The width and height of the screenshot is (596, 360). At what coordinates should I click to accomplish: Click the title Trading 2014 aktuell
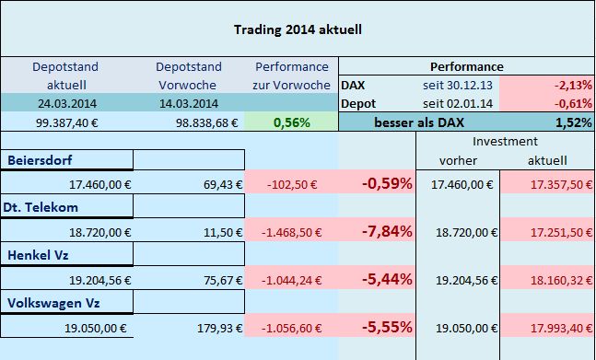click(297, 29)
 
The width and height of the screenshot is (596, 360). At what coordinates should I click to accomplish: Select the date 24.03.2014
click(65, 102)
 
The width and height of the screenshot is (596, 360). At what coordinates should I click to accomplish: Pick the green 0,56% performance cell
click(290, 122)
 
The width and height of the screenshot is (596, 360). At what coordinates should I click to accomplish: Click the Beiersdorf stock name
click(41, 160)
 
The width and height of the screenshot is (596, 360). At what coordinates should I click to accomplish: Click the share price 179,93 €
click(219, 325)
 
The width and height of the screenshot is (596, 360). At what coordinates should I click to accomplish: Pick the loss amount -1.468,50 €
click(292, 231)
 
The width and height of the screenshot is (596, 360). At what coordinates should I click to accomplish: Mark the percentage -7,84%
click(387, 231)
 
